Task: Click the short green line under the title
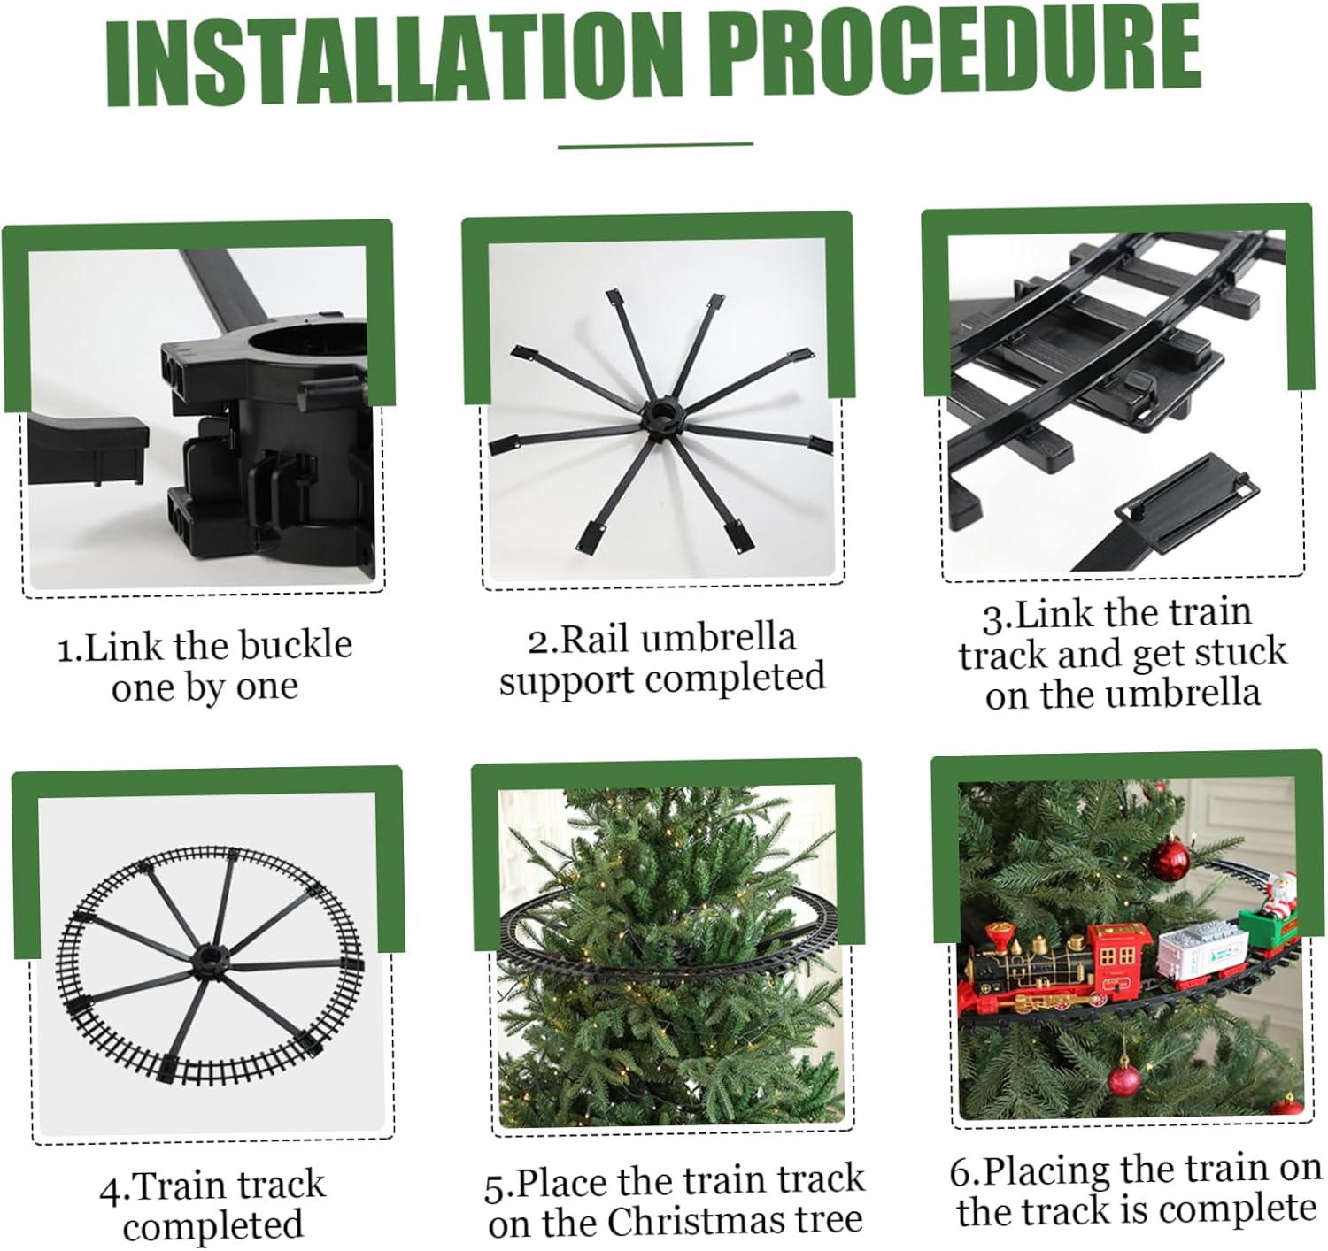pos(655,145)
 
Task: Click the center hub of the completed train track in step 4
pos(212,963)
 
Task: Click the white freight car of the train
pos(1204,953)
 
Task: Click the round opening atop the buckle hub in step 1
pos(309,338)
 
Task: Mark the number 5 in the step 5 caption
pos(496,1187)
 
